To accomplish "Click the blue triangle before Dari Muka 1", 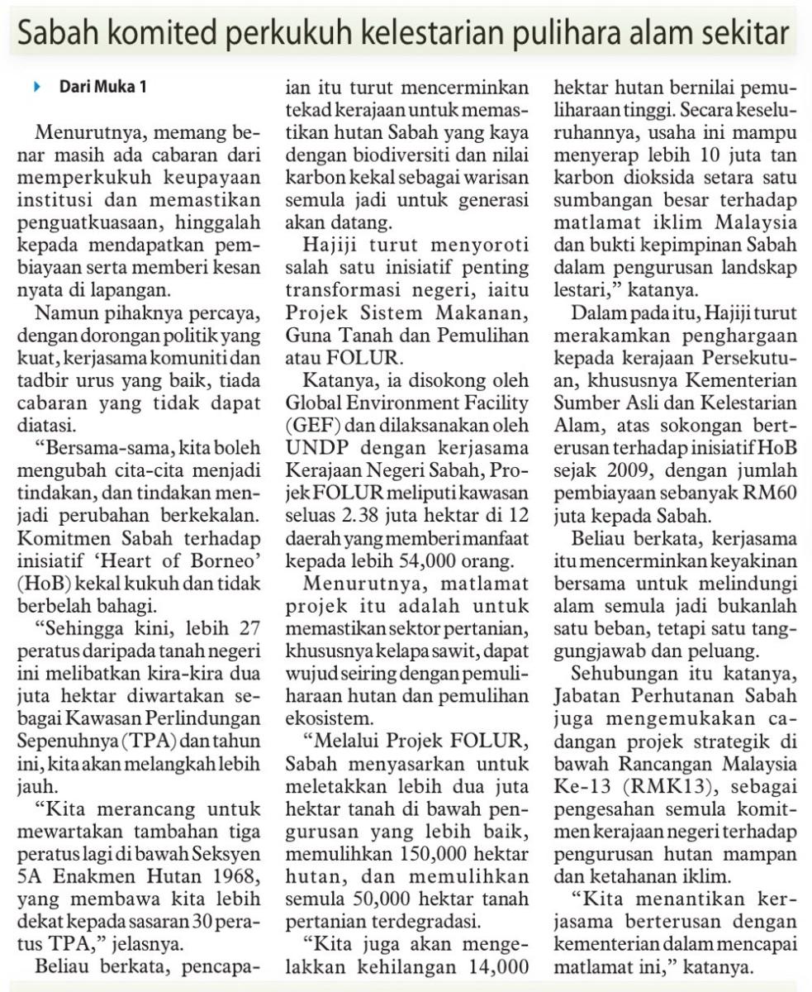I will pos(36,87).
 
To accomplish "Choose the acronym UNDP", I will pos(312,449).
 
